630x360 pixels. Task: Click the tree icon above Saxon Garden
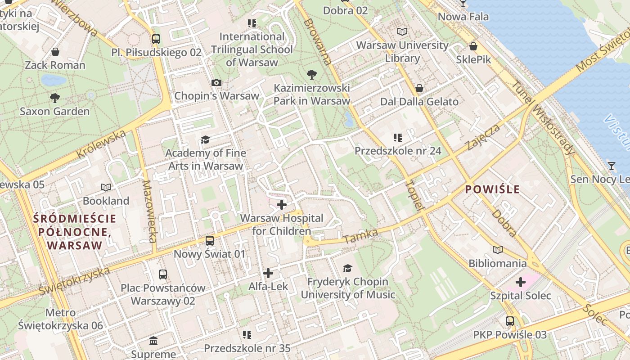pos(55,98)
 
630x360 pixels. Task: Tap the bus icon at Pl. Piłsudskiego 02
pos(156,39)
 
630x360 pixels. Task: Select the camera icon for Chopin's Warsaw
pos(216,82)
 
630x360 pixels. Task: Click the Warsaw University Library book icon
pos(402,32)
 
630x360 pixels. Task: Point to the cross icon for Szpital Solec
pos(521,282)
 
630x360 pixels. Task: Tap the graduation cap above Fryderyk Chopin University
pos(347,269)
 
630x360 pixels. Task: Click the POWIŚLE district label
pos(492,189)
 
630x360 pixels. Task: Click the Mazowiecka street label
pos(149,211)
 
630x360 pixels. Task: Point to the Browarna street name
pos(318,42)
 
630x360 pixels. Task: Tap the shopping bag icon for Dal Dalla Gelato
pos(419,88)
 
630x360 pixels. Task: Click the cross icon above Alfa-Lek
pos(268,273)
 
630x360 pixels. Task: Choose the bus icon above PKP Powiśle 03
pos(510,321)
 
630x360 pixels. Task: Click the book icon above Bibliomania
pos(497,250)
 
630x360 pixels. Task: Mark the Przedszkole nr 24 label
pos(398,151)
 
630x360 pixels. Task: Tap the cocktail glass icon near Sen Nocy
pos(611,166)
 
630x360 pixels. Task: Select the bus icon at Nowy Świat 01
pos(210,241)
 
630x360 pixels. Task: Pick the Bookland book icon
pos(106,187)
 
